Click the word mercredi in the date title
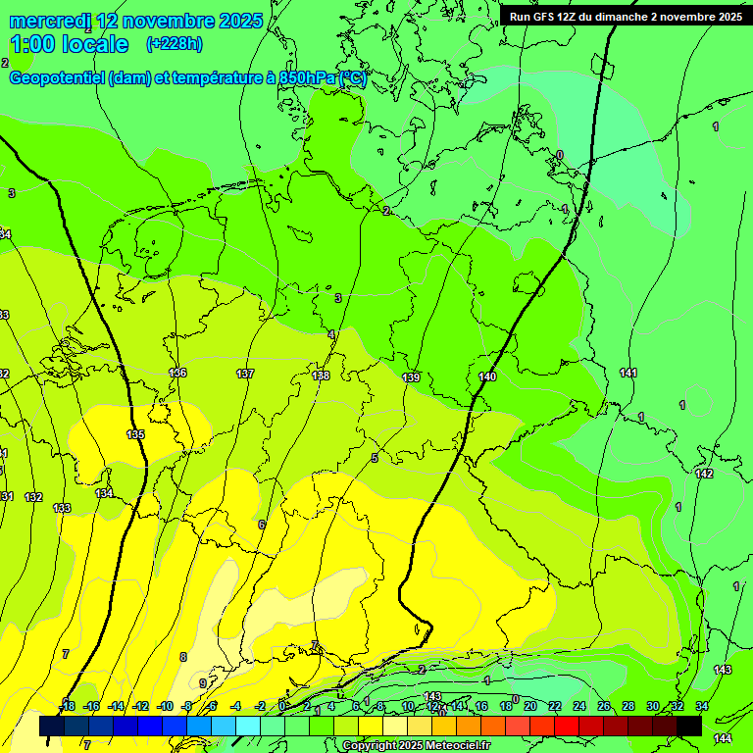point(50,21)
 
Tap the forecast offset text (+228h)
point(174,44)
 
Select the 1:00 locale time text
point(70,44)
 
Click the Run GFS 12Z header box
point(626,17)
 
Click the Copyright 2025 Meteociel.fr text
point(415,746)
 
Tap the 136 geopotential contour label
point(177,374)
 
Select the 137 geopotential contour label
point(245,374)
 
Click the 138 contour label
point(321,376)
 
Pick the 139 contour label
point(411,377)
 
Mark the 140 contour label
point(487,377)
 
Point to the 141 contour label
point(628,374)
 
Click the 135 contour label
point(136,434)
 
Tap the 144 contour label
point(723,738)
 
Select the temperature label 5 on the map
point(375,458)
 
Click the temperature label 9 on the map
point(203,683)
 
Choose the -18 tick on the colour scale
point(67,706)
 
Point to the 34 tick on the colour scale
point(702,706)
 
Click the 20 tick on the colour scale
point(529,706)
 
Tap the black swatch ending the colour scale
point(689,726)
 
